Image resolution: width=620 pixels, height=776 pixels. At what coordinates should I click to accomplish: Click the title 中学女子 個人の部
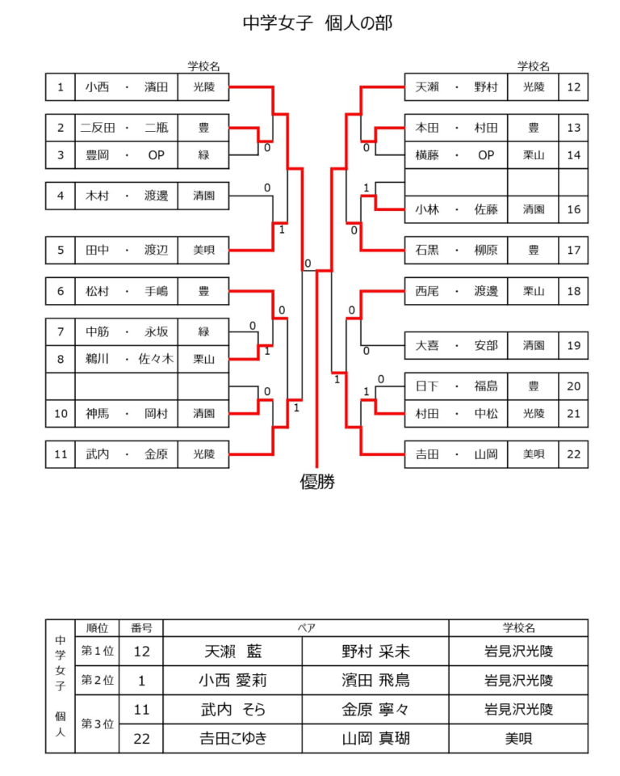(317, 23)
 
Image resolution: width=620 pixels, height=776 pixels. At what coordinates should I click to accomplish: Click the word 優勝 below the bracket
(317, 483)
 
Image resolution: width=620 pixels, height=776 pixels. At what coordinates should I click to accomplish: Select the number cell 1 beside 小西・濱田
(61, 86)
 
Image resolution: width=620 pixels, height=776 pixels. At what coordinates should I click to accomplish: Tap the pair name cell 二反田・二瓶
(127, 128)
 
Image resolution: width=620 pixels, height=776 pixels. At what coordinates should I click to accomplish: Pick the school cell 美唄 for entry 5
(203, 251)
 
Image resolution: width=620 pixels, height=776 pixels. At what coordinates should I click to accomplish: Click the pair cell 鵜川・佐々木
(127, 359)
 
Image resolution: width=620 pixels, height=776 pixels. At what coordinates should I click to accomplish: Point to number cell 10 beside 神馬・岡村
(61, 414)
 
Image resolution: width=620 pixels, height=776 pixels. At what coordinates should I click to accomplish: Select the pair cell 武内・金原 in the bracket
(127, 454)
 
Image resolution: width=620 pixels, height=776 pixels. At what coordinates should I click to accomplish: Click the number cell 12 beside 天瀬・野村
(573, 86)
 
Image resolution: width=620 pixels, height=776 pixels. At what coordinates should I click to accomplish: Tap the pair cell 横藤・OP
(456, 154)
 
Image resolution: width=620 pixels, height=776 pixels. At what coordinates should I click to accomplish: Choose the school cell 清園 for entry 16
(533, 209)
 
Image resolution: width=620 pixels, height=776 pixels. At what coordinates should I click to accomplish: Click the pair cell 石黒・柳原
(456, 251)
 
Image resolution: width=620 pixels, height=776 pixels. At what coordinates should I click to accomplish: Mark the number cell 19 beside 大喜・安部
(573, 346)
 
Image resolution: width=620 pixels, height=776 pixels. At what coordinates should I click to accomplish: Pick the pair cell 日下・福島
(456, 386)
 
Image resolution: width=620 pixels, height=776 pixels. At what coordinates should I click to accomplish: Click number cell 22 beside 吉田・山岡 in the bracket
(573, 454)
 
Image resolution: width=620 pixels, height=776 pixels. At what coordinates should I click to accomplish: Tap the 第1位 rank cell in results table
(97, 651)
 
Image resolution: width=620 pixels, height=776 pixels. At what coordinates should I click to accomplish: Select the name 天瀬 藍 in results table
(233, 651)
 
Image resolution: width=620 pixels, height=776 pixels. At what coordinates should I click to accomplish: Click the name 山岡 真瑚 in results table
(375, 738)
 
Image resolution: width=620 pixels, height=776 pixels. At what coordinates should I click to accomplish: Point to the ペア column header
(306, 628)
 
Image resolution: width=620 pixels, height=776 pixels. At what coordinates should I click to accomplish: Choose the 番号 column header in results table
(141, 628)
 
